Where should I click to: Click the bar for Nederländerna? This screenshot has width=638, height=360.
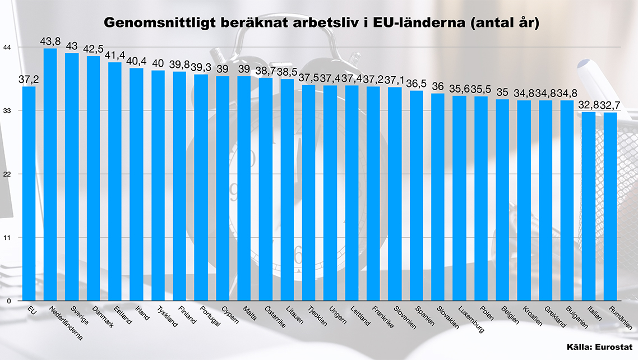[50, 174]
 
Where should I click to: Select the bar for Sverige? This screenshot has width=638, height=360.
[72, 177]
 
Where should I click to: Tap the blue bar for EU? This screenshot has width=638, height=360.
[29, 193]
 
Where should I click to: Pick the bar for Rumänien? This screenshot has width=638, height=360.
[610, 206]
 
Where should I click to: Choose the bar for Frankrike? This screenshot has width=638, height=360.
[373, 193]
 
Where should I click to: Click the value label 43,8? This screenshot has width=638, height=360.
[50, 41]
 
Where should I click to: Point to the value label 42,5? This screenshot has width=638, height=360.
[94, 49]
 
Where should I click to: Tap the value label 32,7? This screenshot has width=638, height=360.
[611, 105]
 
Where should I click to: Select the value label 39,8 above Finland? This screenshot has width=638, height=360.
[179, 64]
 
